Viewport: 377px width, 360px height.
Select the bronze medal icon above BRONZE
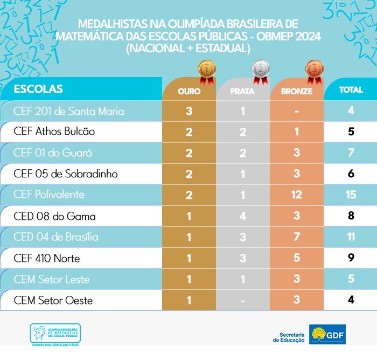pos(313,70)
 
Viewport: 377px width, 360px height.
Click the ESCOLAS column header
pos(38,89)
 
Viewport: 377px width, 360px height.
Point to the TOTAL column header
pos(351,90)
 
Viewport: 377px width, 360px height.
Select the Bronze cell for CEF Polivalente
pos(297,195)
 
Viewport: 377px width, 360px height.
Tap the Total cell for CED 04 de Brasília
pos(351,237)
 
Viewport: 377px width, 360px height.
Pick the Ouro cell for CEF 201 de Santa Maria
pos(189,112)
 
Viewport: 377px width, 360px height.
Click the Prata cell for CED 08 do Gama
pos(243,217)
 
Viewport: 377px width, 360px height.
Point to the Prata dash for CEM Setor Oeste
pos(243,300)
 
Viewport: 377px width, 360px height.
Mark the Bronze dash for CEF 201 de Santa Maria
pos(297,112)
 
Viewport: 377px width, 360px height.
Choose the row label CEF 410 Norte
pos(46,259)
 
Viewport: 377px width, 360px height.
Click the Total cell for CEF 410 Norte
pos(351,258)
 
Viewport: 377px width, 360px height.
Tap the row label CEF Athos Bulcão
pos(54,131)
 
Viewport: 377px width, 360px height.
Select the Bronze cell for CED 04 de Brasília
pos(297,237)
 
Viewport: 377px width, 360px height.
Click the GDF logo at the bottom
pos(327,335)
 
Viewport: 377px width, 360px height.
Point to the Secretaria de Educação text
pos(289,337)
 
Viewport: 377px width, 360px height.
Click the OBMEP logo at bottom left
pos(55,335)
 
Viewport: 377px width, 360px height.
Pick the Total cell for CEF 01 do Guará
pos(351,153)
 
